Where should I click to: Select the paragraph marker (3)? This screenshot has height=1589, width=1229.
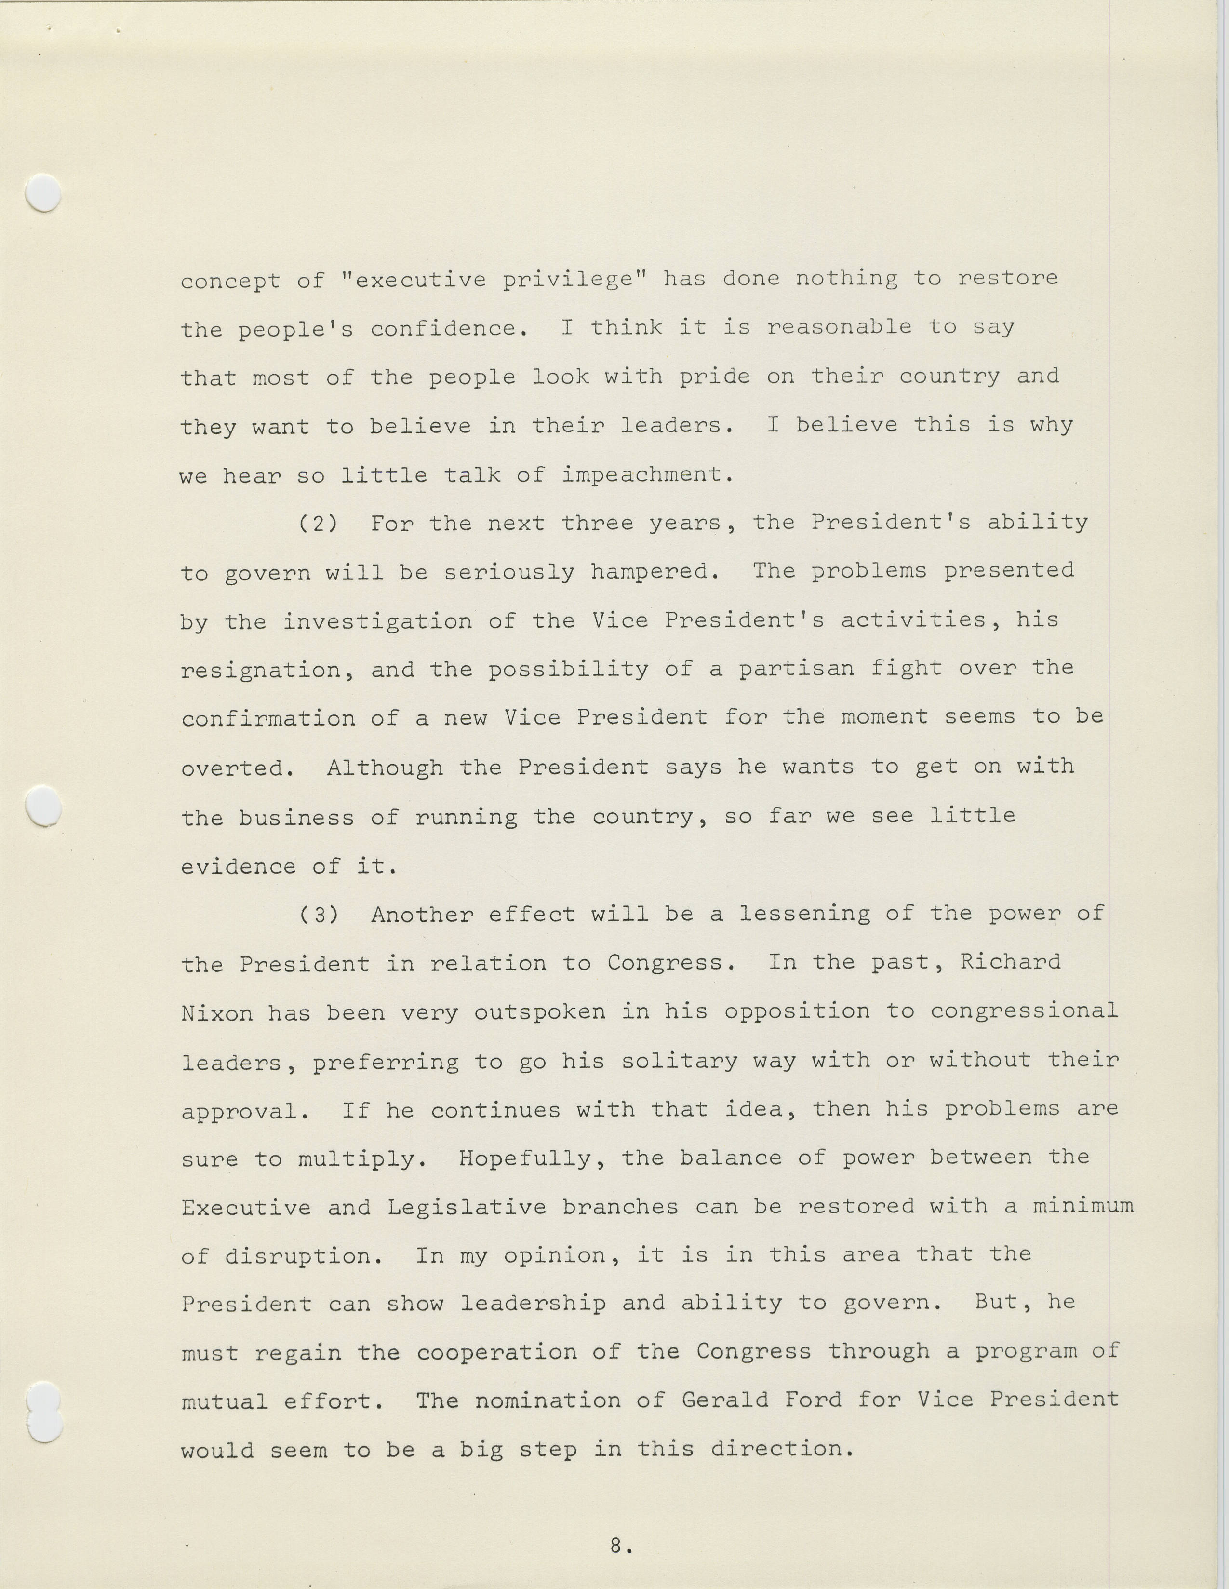pos(319,915)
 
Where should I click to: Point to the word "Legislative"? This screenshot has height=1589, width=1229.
pos(466,1208)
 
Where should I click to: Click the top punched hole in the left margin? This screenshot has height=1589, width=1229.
pos(43,193)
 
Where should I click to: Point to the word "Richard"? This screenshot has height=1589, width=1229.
pos(1010,963)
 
